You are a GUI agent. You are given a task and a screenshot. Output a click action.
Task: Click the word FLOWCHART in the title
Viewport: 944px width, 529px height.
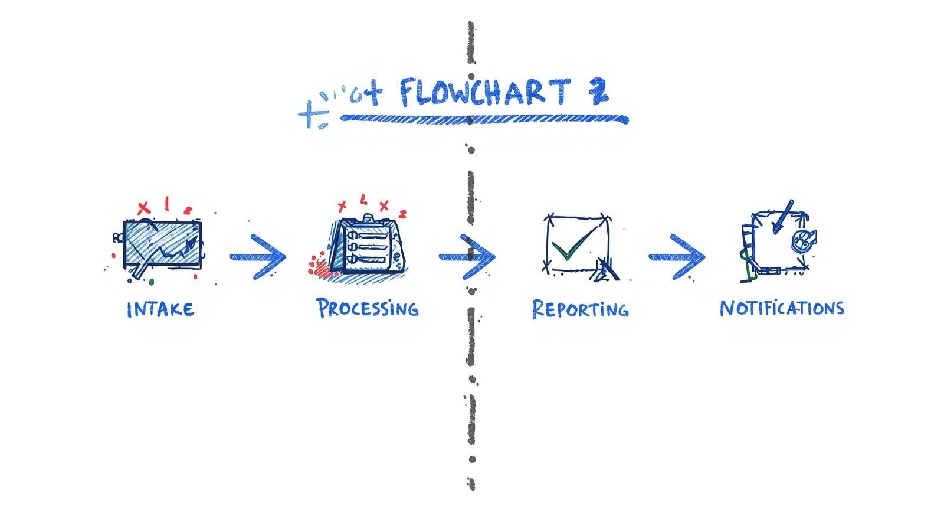click(x=484, y=93)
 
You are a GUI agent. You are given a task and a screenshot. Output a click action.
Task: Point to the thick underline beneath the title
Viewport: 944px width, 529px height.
click(x=484, y=119)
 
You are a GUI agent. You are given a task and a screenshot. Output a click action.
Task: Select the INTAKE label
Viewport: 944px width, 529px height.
click(x=160, y=309)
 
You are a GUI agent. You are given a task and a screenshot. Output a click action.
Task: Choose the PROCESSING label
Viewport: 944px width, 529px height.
click(x=367, y=308)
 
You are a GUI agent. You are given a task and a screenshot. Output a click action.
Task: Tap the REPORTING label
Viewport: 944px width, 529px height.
click(x=580, y=309)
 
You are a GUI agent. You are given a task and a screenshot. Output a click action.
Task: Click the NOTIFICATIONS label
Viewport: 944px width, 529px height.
click(x=781, y=308)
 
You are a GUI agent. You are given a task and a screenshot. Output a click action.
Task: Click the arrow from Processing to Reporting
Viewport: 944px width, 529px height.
click(x=467, y=257)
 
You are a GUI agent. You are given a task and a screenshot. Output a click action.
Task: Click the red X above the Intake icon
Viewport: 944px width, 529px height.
click(x=143, y=208)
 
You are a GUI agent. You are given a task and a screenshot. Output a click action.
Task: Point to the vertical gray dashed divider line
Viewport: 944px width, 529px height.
click(x=471, y=342)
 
